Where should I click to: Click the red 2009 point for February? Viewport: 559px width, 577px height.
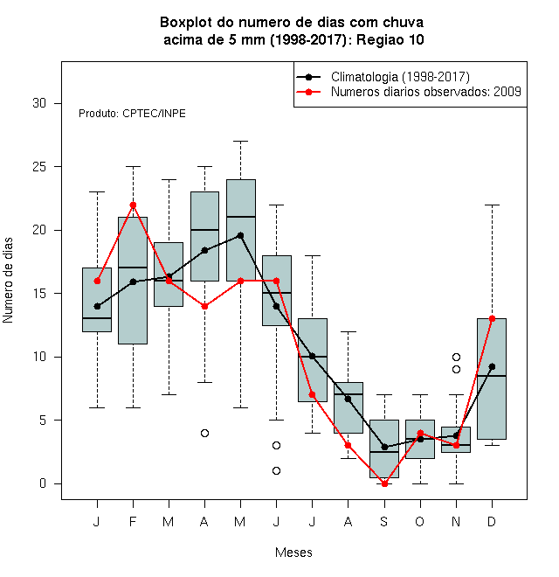point(133,205)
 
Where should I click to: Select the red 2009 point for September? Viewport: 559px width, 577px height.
point(384,483)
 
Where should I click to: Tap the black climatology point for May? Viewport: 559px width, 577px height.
point(240,235)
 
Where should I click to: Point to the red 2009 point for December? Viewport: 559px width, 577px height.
point(492,319)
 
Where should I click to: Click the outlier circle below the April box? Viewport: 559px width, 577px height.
point(205,433)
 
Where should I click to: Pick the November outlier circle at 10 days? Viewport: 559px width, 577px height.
point(457,357)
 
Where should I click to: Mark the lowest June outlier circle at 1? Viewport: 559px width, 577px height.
point(277,470)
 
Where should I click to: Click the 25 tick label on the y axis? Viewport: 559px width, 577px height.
point(39,167)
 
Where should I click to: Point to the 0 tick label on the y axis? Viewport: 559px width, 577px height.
point(43,483)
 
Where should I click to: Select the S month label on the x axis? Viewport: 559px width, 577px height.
point(384,521)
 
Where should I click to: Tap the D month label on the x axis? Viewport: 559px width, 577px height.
point(492,521)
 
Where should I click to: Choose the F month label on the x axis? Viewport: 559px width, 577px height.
point(133,521)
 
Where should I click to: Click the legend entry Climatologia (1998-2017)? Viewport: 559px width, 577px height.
point(400,77)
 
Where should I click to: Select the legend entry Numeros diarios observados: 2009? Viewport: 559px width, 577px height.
point(426,92)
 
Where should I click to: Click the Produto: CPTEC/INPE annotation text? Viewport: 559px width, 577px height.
point(132,114)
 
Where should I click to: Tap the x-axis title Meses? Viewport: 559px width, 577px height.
point(293,553)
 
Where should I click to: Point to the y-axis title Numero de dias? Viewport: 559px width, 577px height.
point(8,281)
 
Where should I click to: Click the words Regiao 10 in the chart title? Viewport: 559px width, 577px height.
point(390,39)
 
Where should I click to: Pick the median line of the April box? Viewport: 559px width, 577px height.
point(205,230)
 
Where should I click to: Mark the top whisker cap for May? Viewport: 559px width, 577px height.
point(240,141)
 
